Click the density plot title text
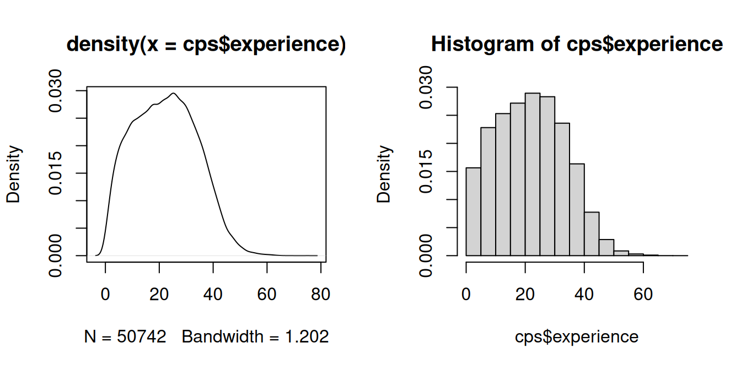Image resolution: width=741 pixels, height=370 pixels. [x=206, y=45]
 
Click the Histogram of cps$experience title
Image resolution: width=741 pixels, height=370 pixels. [x=577, y=43]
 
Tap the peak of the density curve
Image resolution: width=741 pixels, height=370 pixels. [x=174, y=93]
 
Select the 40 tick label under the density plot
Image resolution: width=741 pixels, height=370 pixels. [x=213, y=295]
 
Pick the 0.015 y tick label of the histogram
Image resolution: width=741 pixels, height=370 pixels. [x=427, y=171]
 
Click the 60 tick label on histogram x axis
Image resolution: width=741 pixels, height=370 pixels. [x=643, y=295]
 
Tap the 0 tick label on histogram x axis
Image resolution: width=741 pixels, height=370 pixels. [x=466, y=295]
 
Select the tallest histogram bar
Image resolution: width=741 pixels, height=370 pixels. [x=533, y=174]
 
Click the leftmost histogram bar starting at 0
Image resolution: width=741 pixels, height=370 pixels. [x=474, y=211]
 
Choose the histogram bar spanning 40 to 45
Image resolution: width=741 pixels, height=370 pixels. [x=592, y=233]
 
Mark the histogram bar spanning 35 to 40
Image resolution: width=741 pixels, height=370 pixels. [x=577, y=209]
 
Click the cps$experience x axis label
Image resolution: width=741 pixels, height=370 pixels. [x=577, y=336]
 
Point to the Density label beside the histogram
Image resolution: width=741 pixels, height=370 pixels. [x=384, y=174]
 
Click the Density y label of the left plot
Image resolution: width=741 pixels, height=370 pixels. [x=13, y=174]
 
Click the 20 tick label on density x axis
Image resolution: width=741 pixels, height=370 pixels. [x=159, y=295]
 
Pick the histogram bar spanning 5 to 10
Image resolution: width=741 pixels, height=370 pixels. [x=488, y=192]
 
